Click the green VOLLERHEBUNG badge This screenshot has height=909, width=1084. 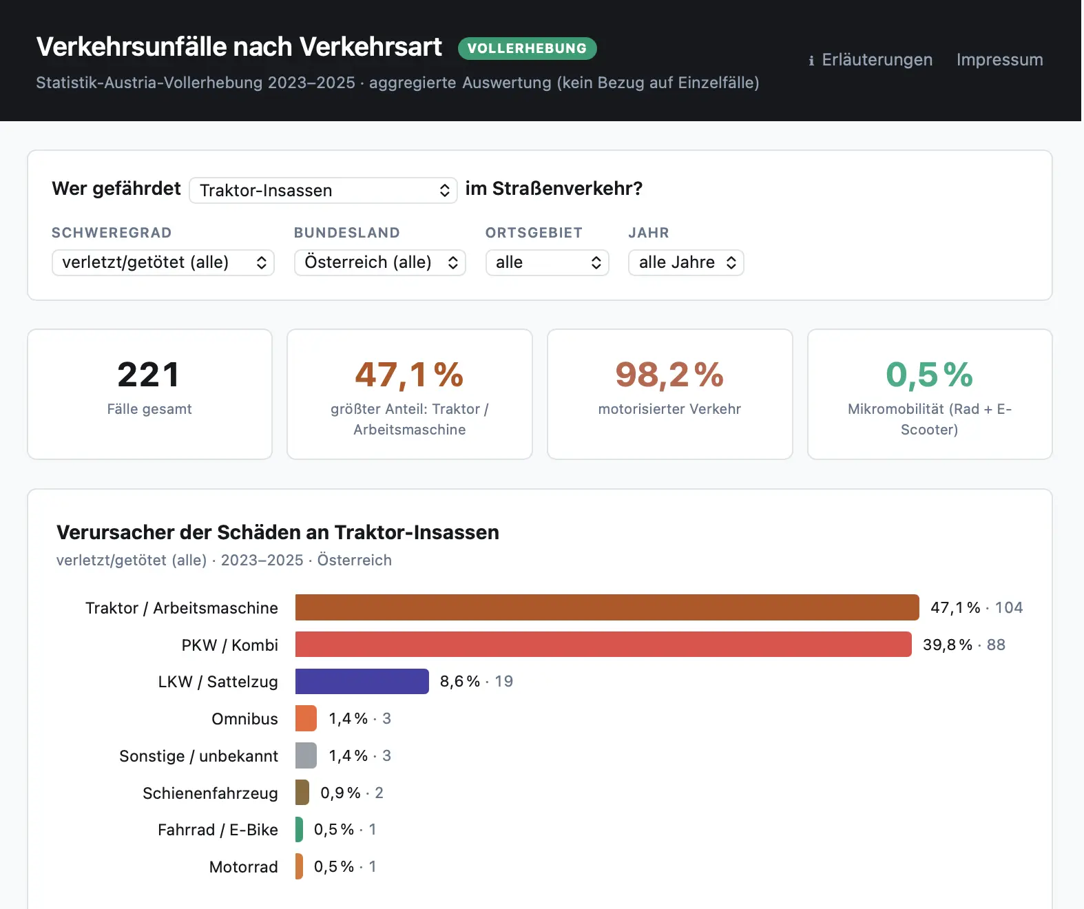point(527,48)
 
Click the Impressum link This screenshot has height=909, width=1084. point(999,60)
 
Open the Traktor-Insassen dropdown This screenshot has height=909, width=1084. point(323,190)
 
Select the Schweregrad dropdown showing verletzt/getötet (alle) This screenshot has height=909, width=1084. point(163,262)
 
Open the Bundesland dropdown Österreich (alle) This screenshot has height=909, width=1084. point(379,262)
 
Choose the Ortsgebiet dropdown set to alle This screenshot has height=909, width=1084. point(547,262)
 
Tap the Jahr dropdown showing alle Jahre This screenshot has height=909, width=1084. point(686,262)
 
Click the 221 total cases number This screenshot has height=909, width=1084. point(149,375)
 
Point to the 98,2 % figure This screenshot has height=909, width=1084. point(669,375)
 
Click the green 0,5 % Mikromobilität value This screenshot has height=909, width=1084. point(929,375)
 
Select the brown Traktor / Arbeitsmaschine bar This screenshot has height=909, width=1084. point(607,607)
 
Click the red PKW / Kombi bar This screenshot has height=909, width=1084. point(603,645)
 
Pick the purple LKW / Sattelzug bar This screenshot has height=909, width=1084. point(362,681)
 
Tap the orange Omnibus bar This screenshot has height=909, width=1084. point(306,718)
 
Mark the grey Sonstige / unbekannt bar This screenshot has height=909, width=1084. point(306,755)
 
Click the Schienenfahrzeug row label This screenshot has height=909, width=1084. point(210,793)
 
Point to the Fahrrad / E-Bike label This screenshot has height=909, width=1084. point(218,830)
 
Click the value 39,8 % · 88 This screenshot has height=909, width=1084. point(964,645)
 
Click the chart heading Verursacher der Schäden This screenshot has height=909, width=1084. point(278,532)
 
